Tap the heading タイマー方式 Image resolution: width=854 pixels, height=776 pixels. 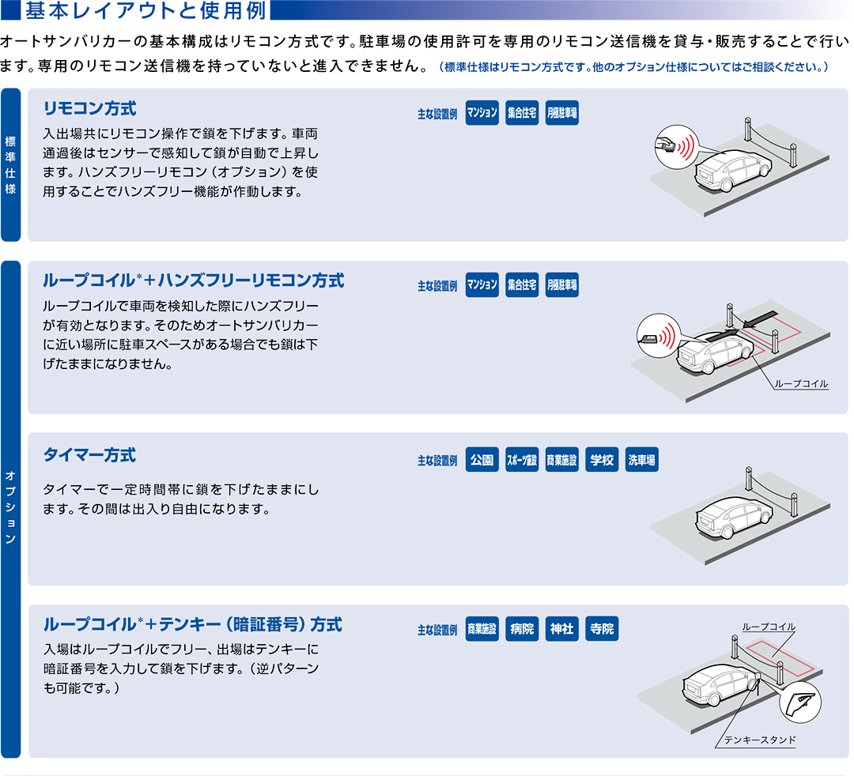pyautogui.click(x=89, y=455)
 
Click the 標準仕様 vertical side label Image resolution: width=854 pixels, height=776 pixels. pyautogui.click(x=10, y=164)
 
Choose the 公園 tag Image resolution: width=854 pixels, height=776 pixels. pyautogui.click(x=482, y=460)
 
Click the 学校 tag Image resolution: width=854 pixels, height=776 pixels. pyautogui.click(x=602, y=460)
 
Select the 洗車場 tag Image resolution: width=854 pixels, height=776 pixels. pyautogui.click(x=641, y=460)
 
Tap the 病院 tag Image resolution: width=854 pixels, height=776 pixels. pyautogui.click(x=522, y=630)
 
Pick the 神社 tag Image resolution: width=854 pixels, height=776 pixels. pyautogui.click(x=561, y=630)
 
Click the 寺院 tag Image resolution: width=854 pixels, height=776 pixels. pyautogui.click(x=602, y=630)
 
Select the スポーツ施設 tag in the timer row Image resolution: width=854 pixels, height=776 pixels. pyautogui.click(x=522, y=460)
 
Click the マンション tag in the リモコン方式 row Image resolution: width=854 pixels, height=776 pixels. pyautogui.click(x=482, y=113)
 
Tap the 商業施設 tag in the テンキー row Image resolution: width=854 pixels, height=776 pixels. pyautogui.click(x=482, y=630)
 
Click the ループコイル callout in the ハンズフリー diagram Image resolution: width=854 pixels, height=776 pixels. pyautogui.click(x=801, y=384)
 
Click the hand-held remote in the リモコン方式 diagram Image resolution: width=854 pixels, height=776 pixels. pyautogui.click(x=666, y=145)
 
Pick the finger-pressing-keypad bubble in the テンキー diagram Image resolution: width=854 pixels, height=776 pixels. pyautogui.click(x=800, y=701)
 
